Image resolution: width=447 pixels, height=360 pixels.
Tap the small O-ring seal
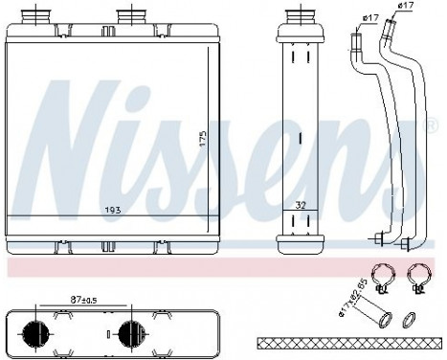410,317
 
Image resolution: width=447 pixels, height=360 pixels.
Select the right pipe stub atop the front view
125,17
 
